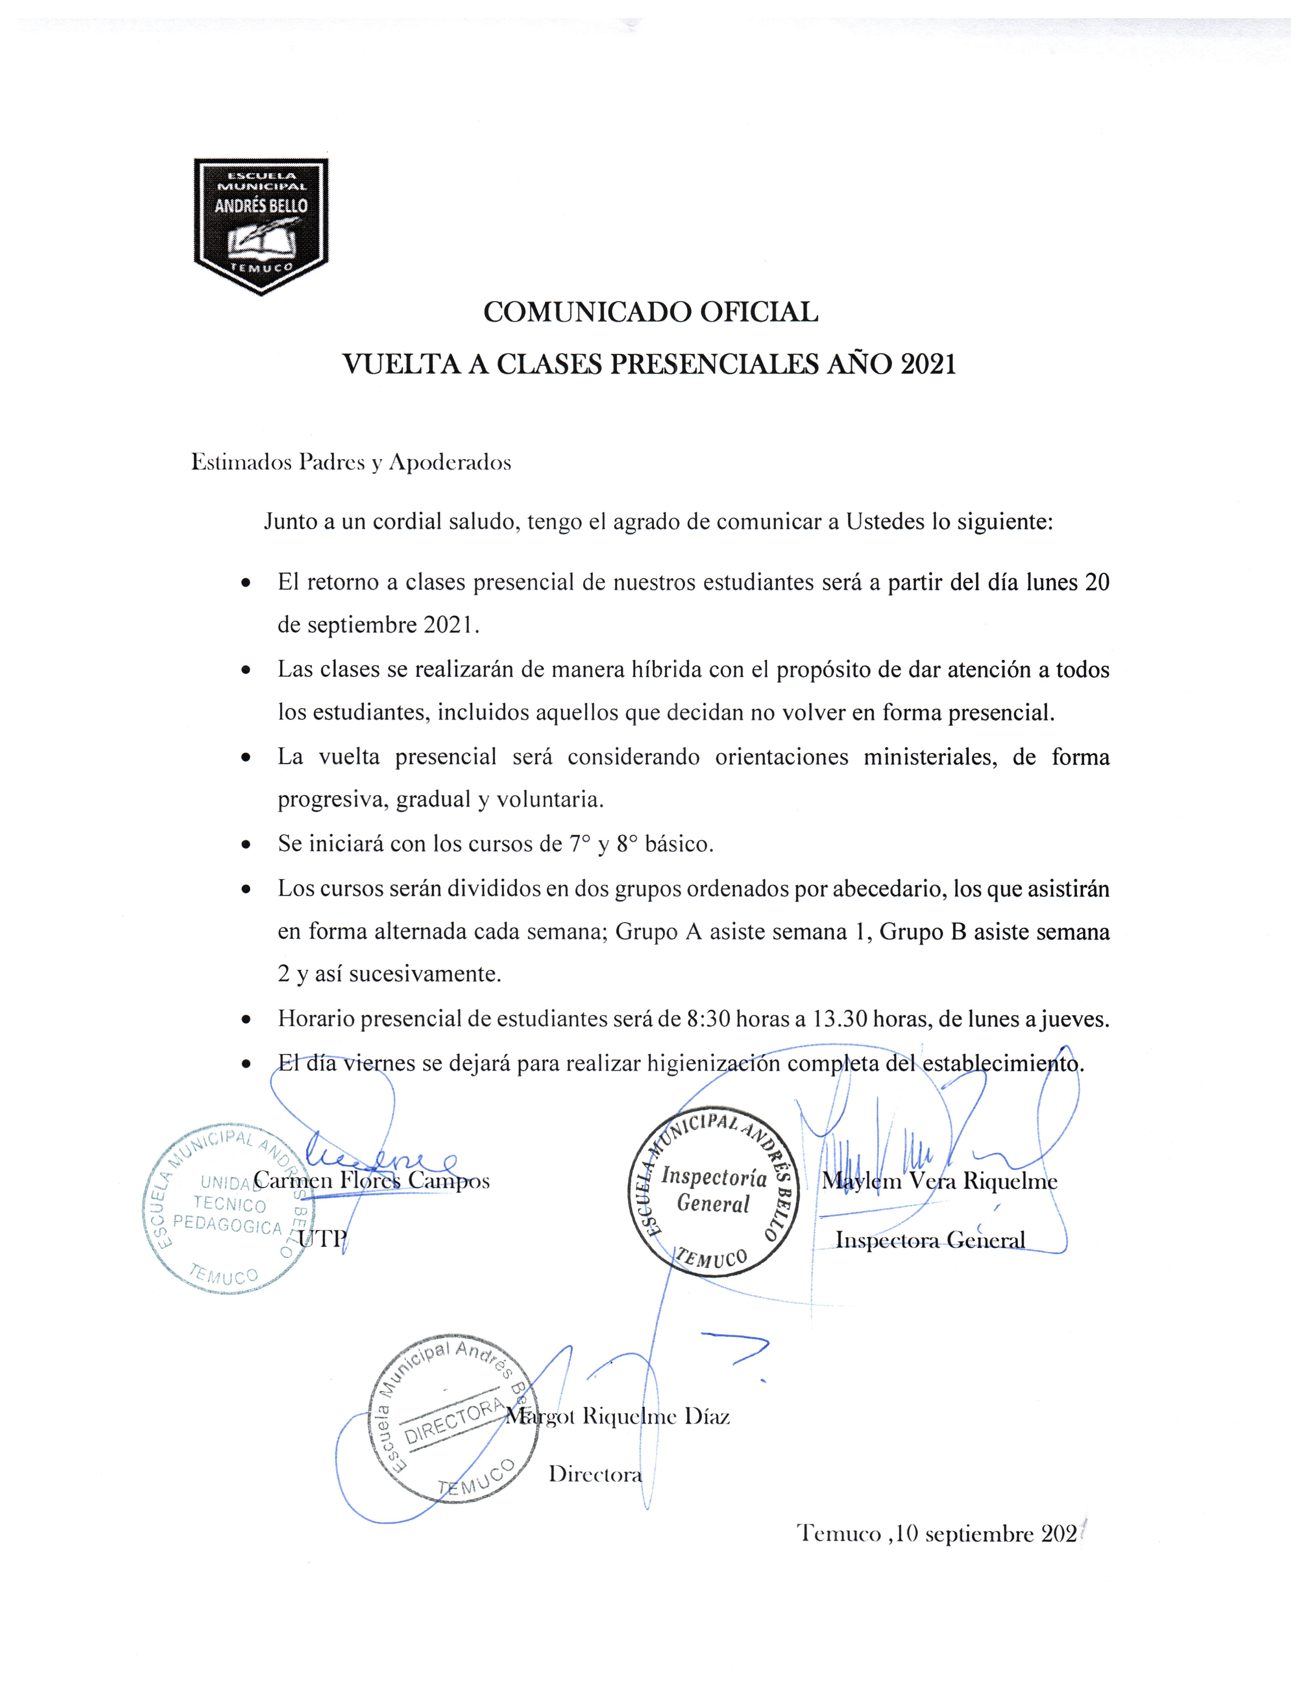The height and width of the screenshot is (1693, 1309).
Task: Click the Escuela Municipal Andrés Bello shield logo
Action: (261, 225)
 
